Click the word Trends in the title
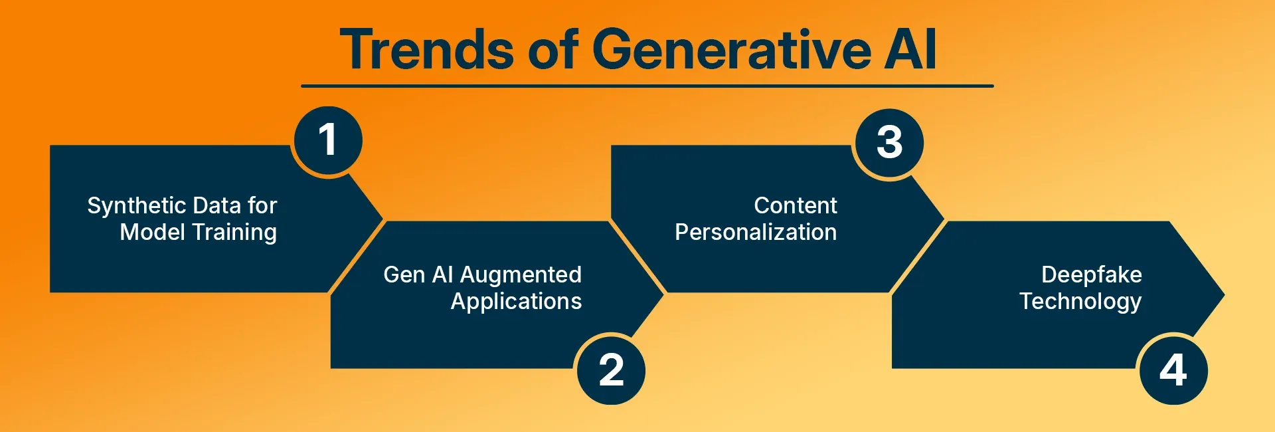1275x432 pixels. click(x=426, y=50)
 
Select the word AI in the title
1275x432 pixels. click(x=910, y=50)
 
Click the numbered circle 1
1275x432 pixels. click(x=328, y=140)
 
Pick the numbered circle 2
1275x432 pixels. click(x=612, y=370)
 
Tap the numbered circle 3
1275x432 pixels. click(x=890, y=142)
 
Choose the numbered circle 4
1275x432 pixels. click(x=1173, y=370)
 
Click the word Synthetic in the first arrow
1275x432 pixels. click(x=136, y=207)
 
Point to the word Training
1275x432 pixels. click(x=234, y=233)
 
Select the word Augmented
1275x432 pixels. click(x=521, y=275)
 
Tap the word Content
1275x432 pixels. click(x=796, y=205)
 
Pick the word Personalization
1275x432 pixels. click(x=756, y=233)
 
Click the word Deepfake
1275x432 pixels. click(x=1092, y=274)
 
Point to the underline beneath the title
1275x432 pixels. click(x=647, y=86)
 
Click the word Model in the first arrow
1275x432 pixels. click(x=152, y=233)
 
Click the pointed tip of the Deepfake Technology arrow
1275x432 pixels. click(x=1224, y=294)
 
